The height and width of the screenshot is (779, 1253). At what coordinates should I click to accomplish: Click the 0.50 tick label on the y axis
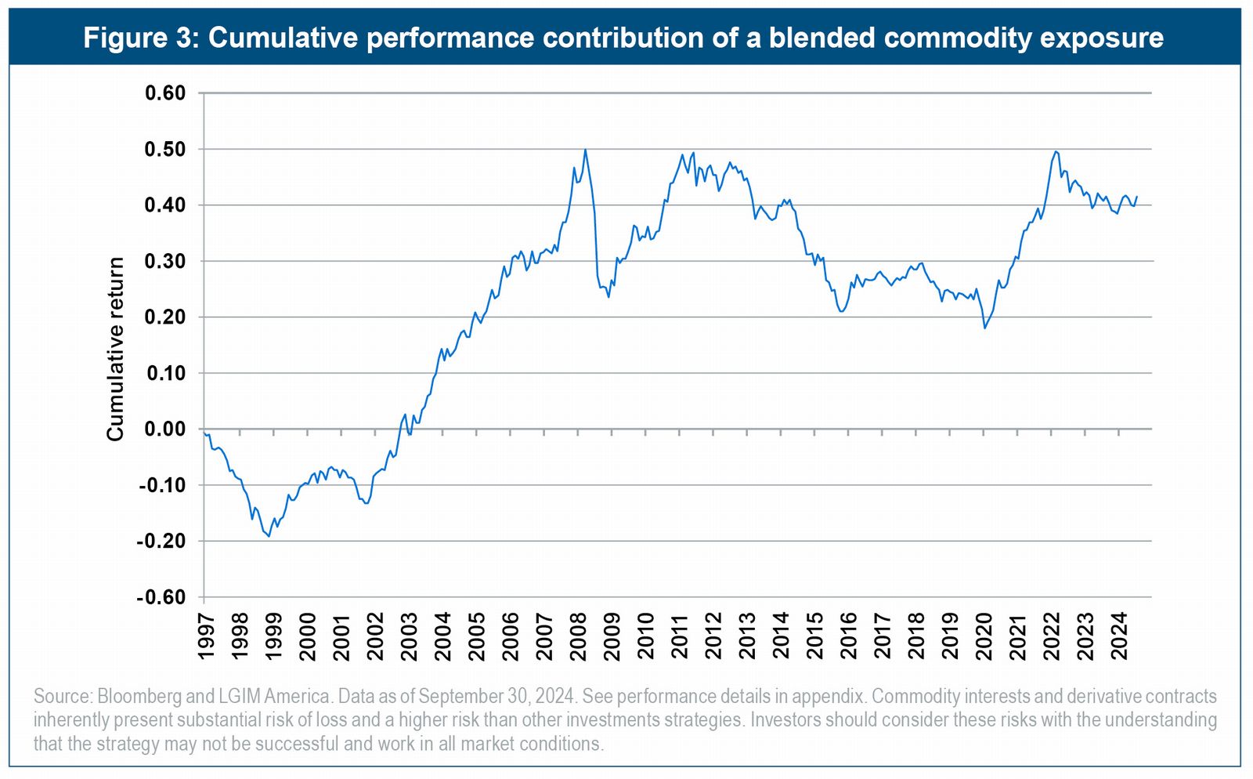click(x=164, y=149)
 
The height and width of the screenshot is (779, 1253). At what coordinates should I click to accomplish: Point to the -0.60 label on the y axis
click(x=161, y=597)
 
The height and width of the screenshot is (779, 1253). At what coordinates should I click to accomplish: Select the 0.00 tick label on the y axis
click(x=164, y=429)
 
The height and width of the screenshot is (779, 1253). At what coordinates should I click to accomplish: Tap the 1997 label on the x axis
click(x=206, y=636)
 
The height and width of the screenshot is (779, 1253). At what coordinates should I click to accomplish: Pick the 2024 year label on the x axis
click(x=1119, y=636)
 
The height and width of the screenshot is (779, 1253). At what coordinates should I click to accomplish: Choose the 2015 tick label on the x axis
click(x=815, y=636)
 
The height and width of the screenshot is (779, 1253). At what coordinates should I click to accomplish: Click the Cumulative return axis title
click(x=116, y=349)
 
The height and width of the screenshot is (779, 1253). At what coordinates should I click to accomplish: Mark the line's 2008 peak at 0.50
click(x=585, y=150)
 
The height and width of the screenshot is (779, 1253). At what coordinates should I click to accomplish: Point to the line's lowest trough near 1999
click(x=269, y=536)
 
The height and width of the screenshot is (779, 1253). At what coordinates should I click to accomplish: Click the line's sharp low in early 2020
click(x=984, y=328)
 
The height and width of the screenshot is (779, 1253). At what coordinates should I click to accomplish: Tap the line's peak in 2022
click(x=1056, y=151)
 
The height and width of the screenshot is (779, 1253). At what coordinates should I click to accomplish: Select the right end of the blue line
click(x=1136, y=197)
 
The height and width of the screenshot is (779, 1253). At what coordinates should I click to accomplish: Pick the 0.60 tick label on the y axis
click(x=164, y=93)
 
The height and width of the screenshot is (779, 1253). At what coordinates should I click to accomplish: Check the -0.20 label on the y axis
click(x=161, y=541)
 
